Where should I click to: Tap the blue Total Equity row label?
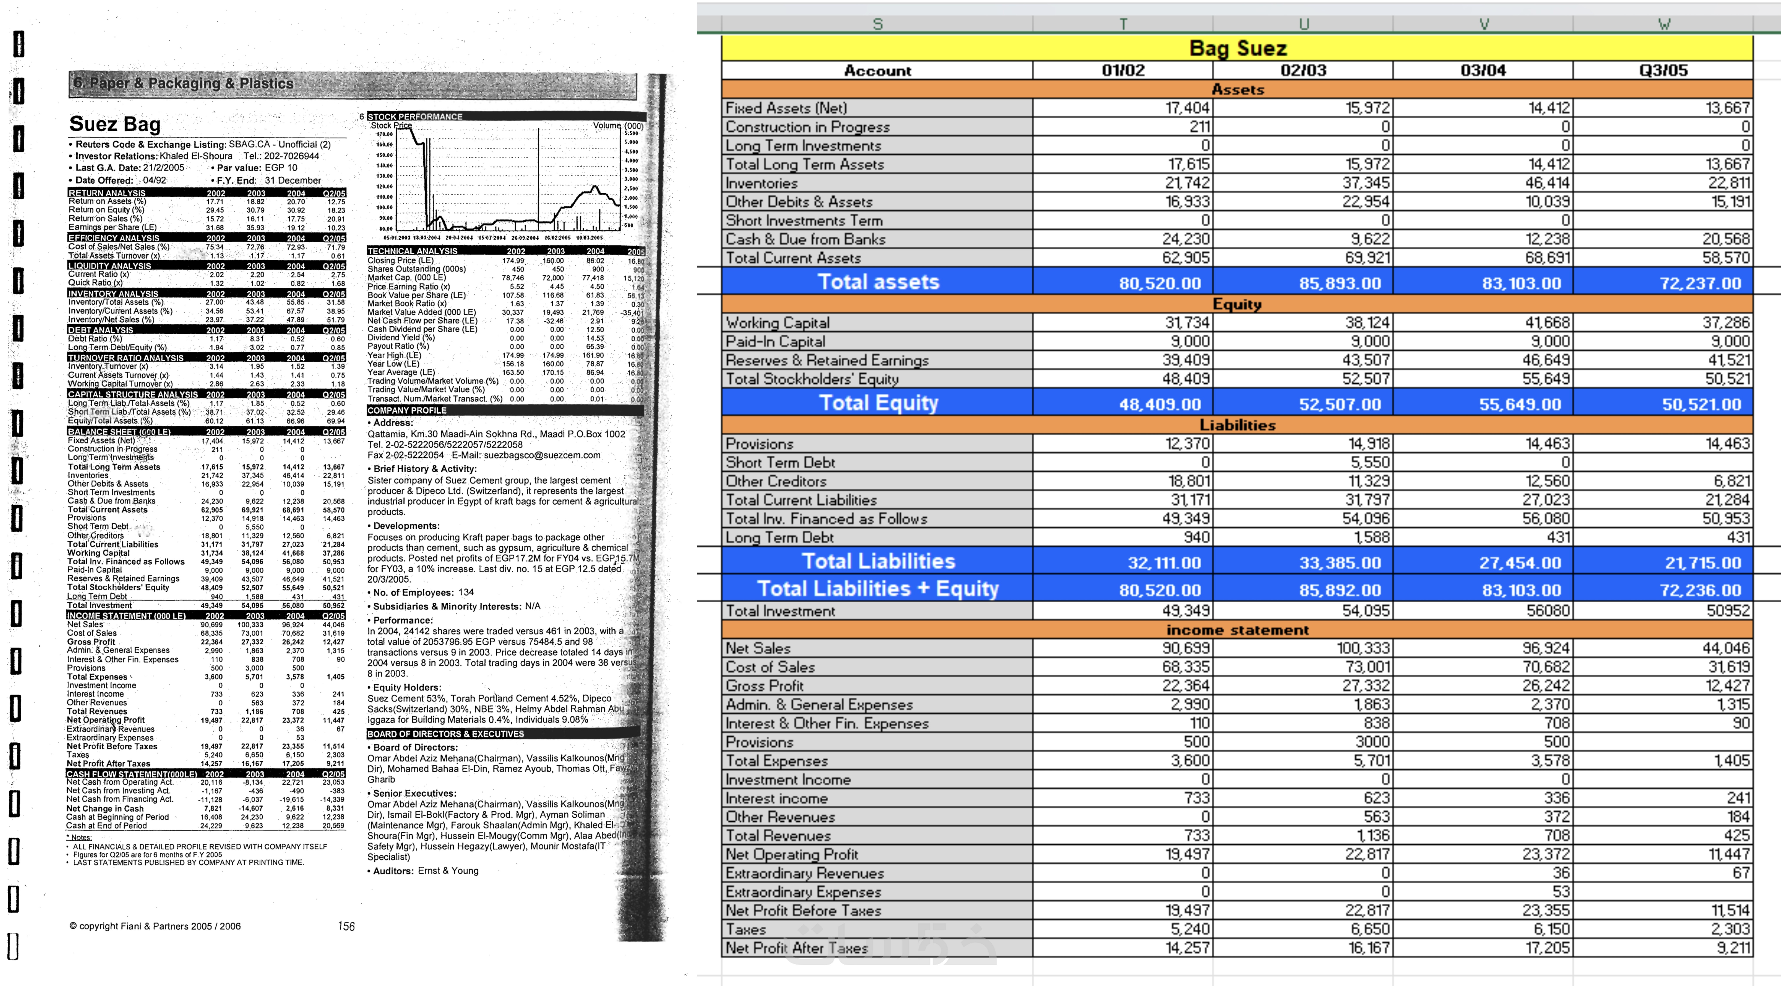878,403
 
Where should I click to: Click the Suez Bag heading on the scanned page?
115,124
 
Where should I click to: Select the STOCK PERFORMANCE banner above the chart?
415,116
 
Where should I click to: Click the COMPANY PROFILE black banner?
407,410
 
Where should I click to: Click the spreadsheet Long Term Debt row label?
779,537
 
